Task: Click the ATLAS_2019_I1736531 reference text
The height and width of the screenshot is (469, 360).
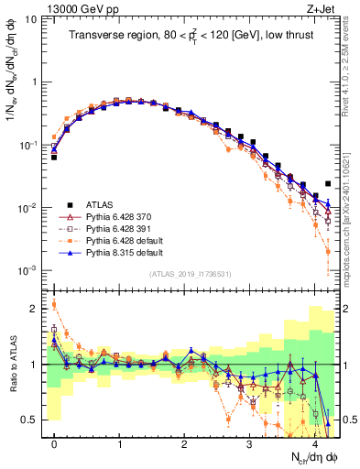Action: pyautogui.click(x=191, y=274)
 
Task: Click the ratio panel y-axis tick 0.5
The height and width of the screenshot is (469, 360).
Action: pyautogui.click(x=35, y=420)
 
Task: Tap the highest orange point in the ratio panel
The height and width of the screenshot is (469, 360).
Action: pyautogui.click(x=54, y=305)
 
